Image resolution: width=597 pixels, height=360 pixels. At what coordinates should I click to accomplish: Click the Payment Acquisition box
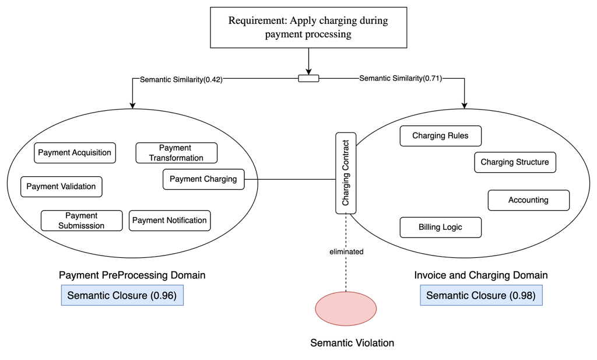click(75, 153)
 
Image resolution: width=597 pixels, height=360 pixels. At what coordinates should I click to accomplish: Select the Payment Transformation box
click(176, 153)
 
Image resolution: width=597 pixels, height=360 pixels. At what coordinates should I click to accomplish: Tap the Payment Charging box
click(203, 179)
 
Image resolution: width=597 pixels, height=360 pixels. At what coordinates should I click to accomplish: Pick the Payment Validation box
click(61, 187)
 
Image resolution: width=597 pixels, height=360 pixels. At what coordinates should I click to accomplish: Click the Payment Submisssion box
click(82, 221)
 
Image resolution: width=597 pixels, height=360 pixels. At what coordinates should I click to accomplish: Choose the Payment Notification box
click(169, 221)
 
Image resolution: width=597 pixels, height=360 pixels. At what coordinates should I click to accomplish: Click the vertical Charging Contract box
click(346, 173)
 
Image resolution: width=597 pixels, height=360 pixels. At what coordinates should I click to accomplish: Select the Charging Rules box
click(440, 136)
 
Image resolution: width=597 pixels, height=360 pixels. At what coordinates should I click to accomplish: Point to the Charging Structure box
click(515, 162)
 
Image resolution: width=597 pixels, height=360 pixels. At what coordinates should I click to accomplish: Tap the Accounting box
click(528, 200)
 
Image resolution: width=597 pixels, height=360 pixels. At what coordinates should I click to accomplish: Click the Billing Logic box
click(440, 227)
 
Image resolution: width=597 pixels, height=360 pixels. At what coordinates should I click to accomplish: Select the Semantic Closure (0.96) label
click(122, 295)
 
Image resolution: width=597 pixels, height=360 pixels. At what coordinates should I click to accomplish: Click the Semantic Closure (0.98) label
click(482, 295)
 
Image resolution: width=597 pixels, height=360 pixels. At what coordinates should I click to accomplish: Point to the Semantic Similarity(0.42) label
click(181, 80)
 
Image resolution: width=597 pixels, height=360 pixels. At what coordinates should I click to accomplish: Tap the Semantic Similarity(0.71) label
click(401, 78)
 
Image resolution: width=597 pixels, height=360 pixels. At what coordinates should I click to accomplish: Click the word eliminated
click(346, 252)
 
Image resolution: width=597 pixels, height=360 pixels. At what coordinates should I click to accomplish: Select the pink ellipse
click(346, 309)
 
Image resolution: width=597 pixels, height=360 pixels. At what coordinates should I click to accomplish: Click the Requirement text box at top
click(308, 27)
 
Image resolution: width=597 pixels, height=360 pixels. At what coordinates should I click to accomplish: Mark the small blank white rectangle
click(308, 78)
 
